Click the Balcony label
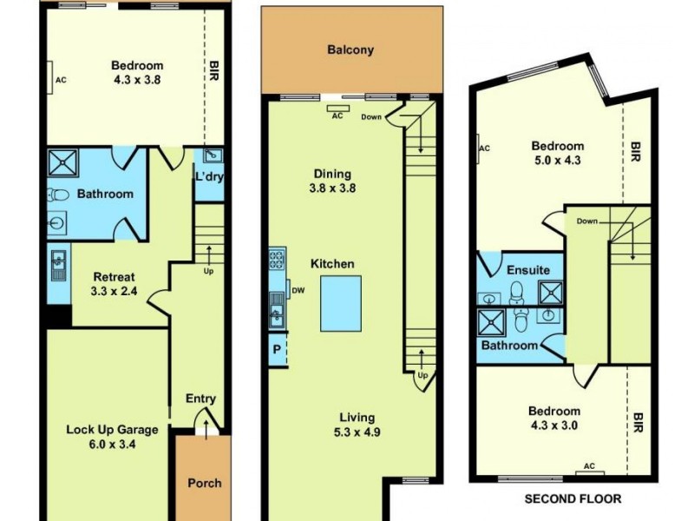coord(350,49)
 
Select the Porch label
coord(204,483)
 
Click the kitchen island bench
coord(340,303)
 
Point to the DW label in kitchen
coord(298,291)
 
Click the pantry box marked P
coord(277,350)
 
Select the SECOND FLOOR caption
coord(573,499)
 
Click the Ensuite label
coord(528,270)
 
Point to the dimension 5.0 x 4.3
coord(557,161)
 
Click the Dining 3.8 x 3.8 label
coord(333,180)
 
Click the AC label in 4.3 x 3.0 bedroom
coord(589,466)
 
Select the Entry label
coord(200,399)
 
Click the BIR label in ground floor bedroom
coord(213,70)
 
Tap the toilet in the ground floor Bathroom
coord(59,195)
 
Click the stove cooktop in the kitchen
coord(278,258)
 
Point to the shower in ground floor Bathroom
coord(62,163)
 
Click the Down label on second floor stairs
coord(586,221)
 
